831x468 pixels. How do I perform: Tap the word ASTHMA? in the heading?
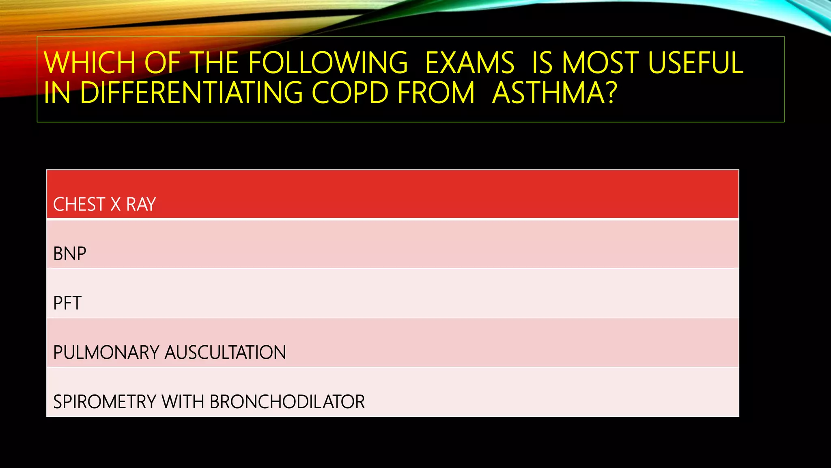(x=554, y=93)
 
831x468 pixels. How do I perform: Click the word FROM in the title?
(x=436, y=93)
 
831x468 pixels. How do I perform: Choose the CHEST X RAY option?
(x=105, y=204)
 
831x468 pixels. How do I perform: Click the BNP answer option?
(x=70, y=254)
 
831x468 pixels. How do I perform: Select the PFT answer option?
(x=67, y=303)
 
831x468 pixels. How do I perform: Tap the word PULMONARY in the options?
(x=106, y=353)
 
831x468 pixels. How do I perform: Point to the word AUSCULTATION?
(x=225, y=353)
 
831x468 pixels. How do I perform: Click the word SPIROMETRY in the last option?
(x=105, y=402)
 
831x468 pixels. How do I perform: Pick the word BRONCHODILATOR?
(x=287, y=402)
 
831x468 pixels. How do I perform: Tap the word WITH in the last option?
(x=183, y=402)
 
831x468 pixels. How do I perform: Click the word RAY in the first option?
(x=141, y=204)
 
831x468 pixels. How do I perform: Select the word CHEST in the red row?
(x=79, y=204)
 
